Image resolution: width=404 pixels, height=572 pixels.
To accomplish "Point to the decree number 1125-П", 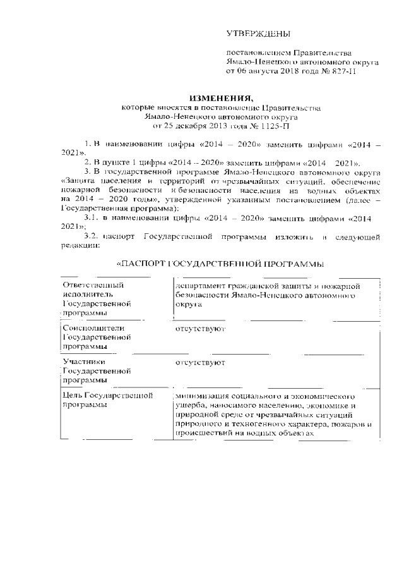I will pos(269,126).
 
